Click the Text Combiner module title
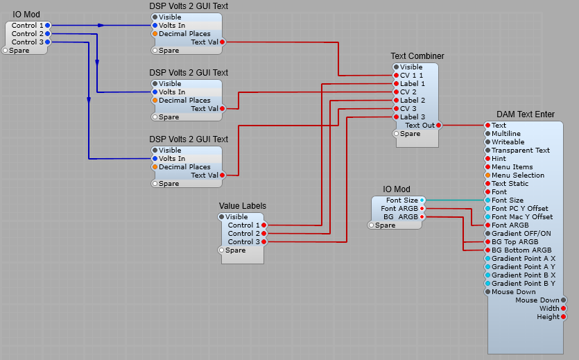[417, 56]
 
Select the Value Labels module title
[242, 206]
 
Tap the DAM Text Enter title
[525, 114]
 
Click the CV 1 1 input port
[396, 76]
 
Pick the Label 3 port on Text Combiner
[396, 117]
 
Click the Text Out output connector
[439, 126]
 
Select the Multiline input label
[505, 134]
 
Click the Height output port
[563, 317]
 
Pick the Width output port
[563, 309]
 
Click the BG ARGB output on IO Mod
[422, 217]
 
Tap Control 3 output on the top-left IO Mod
[47, 42]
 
